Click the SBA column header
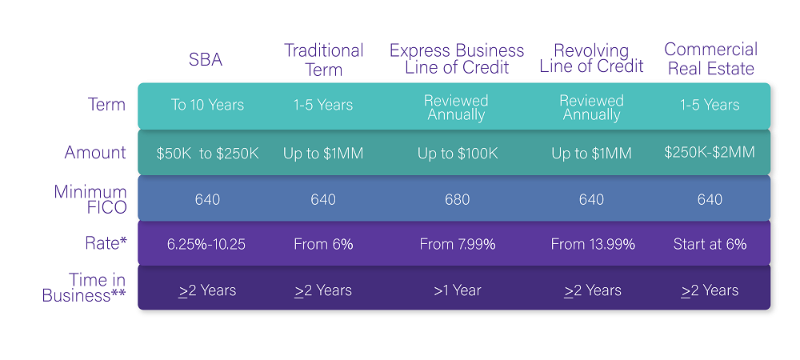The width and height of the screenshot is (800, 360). click(206, 60)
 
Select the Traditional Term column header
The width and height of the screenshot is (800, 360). click(323, 60)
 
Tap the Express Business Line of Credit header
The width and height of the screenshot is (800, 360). click(457, 58)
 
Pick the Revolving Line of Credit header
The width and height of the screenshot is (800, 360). click(591, 58)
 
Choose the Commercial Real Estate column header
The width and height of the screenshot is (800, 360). click(710, 58)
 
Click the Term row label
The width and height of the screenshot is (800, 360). click(106, 105)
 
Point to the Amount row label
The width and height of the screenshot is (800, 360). click(95, 152)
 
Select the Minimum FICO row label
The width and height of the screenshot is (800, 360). click(90, 199)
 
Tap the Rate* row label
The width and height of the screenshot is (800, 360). click(106, 243)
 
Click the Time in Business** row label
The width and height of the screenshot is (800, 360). click(84, 287)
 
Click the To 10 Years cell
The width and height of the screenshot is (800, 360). click(207, 105)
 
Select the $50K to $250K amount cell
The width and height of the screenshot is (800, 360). click(207, 154)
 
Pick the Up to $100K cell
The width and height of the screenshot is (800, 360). click(458, 154)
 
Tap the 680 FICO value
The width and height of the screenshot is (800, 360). click(457, 199)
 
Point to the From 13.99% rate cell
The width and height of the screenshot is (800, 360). click(593, 244)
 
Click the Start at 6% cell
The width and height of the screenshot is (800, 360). click(710, 244)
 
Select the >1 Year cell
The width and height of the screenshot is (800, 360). click(457, 290)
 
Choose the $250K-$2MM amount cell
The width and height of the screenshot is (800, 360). click(710, 152)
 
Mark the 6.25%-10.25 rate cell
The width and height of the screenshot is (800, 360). click(206, 244)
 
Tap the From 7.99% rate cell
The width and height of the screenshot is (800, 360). click(458, 244)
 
